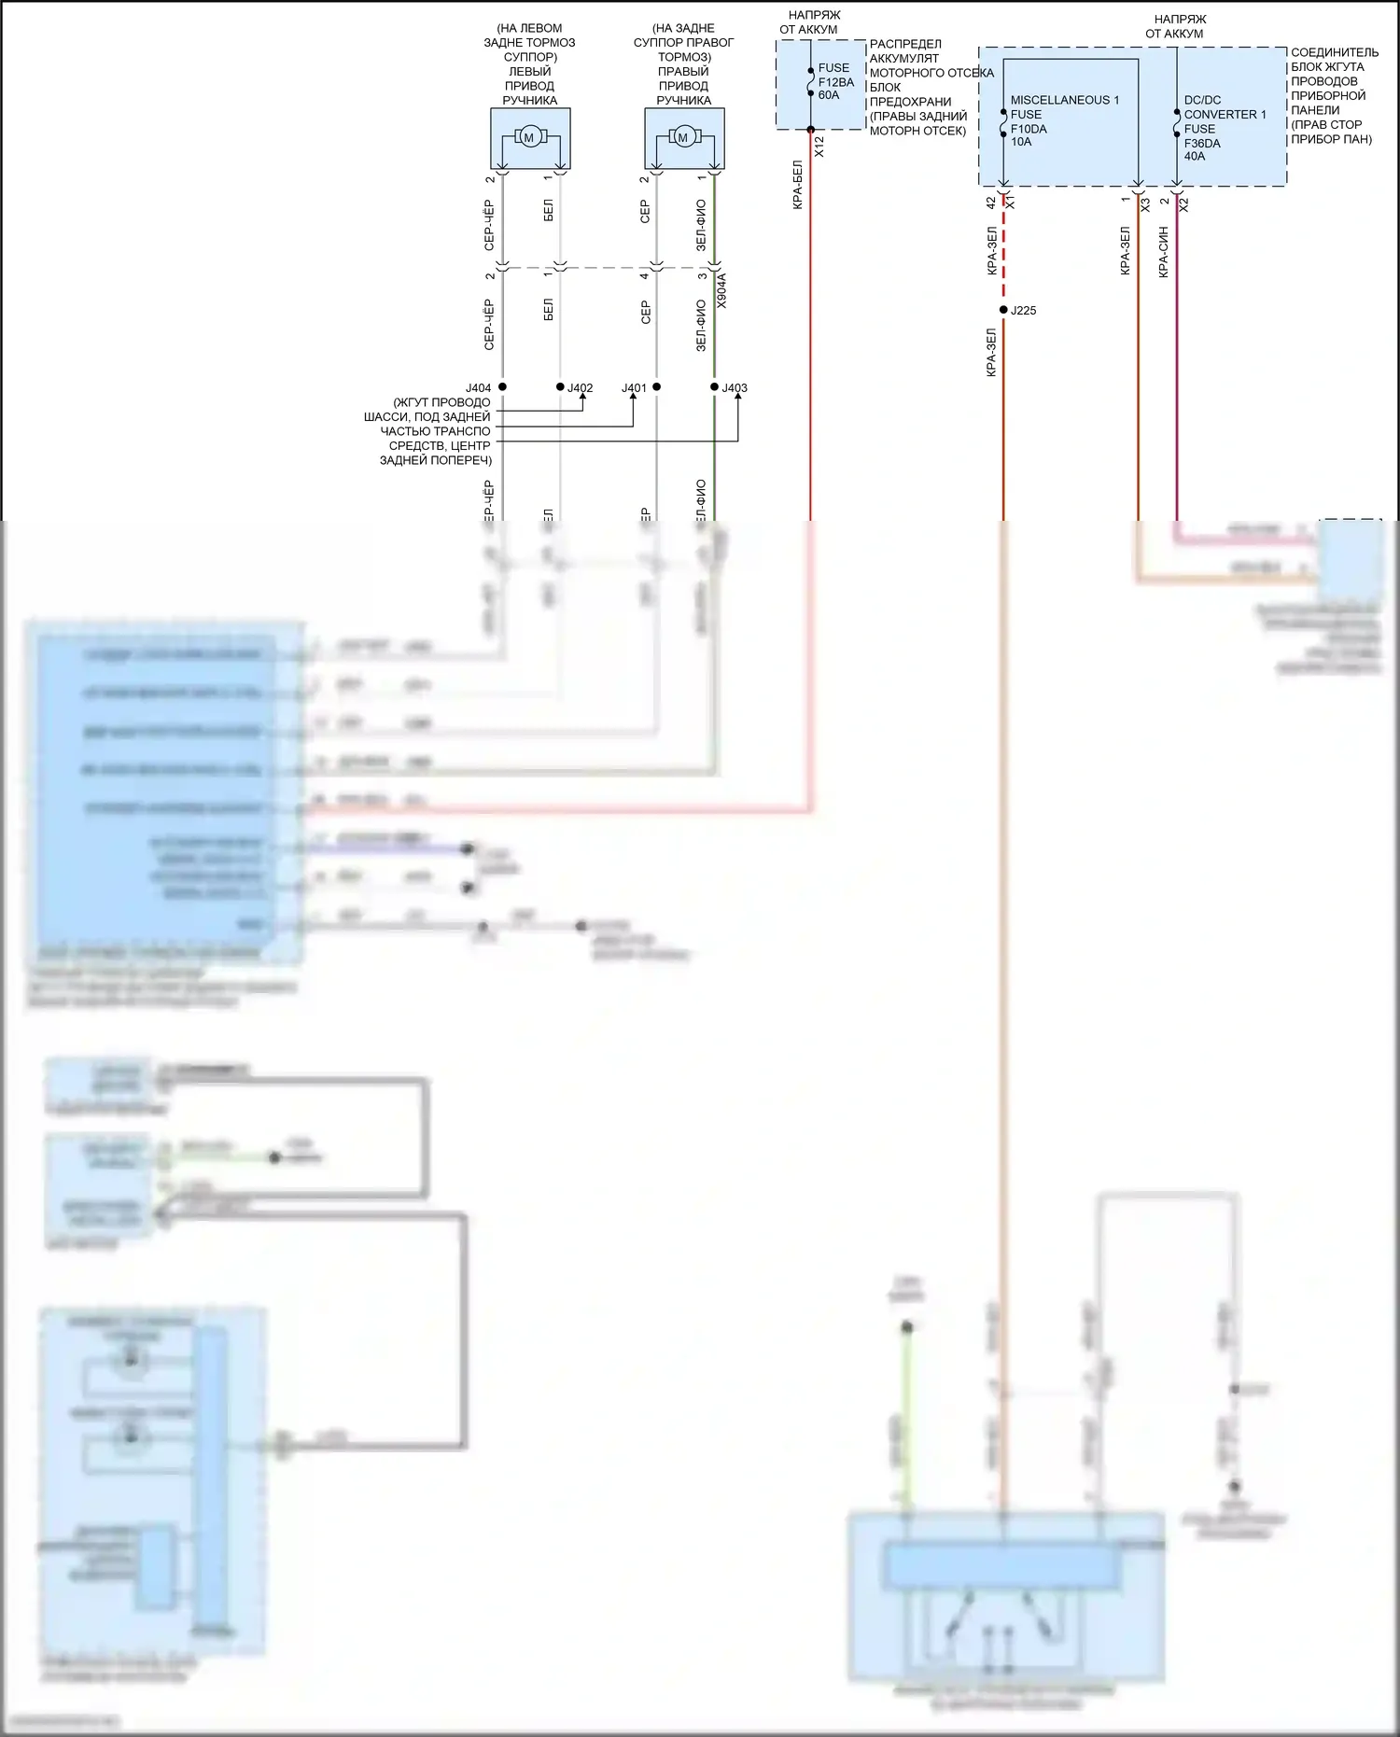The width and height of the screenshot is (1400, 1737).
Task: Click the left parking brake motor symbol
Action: [529, 138]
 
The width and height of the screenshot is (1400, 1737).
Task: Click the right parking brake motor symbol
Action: [683, 138]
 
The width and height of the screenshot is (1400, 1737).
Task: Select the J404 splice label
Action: [478, 388]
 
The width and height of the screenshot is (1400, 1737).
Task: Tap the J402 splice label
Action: [581, 388]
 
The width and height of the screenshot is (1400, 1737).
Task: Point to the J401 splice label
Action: [634, 388]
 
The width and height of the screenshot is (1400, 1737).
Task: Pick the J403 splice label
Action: [735, 388]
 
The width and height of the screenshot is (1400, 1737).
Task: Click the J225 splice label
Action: [1023, 311]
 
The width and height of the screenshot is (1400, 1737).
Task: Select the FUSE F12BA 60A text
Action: [835, 81]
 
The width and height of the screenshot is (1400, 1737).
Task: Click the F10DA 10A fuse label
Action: [1028, 135]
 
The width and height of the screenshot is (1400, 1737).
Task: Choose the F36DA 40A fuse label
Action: [1201, 149]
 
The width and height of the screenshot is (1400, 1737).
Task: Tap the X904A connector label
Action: [721, 290]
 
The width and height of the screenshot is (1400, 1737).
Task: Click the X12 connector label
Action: [819, 146]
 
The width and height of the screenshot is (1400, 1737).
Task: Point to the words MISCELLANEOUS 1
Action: [1064, 100]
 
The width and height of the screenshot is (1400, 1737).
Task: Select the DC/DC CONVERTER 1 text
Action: [1225, 107]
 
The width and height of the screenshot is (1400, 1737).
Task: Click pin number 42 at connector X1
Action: [991, 202]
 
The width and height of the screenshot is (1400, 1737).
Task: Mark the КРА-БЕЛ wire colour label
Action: [798, 185]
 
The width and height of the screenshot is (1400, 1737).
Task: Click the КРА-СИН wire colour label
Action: [1164, 252]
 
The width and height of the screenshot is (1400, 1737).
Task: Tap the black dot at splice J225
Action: [1003, 310]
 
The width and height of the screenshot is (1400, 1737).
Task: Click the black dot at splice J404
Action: [502, 386]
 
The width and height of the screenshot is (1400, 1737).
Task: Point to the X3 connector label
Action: [1145, 203]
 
